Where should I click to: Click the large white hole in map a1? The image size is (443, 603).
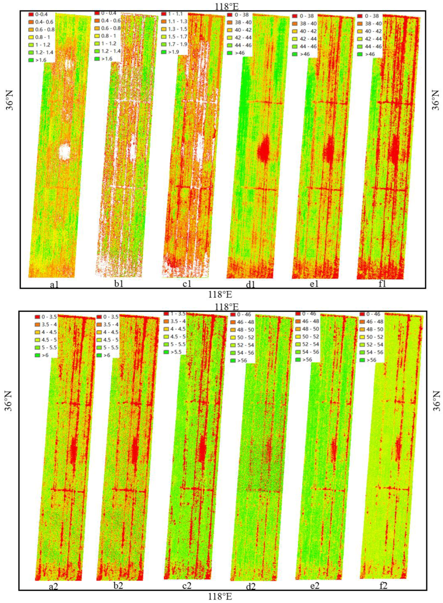point(65,152)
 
